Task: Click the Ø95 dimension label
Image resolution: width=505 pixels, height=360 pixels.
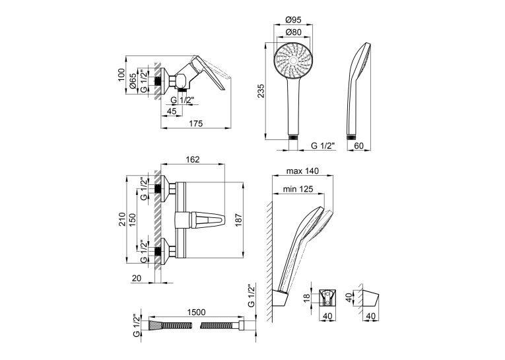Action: (x=293, y=20)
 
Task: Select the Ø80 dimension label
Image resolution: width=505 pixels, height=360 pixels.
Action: (x=293, y=32)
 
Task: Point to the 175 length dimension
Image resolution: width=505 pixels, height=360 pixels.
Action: (x=196, y=124)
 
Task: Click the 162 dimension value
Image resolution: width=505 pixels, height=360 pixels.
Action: (x=193, y=159)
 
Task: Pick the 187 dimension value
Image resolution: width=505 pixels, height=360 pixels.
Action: (x=238, y=220)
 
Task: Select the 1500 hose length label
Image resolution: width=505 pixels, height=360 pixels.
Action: (x=196, y=312)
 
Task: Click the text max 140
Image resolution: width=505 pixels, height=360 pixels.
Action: (x=302, y=171)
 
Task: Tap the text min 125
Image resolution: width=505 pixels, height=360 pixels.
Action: (x=298, y=189)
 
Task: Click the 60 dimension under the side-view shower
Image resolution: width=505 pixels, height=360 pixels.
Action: (x=358, y=146)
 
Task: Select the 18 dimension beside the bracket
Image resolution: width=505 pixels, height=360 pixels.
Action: (x=307, y=297)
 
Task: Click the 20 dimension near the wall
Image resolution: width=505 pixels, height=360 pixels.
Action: (x=137, y=278)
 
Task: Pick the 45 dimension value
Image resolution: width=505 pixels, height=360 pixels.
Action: (x=172, y=111)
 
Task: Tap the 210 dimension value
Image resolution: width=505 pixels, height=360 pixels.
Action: (x=122, y=219)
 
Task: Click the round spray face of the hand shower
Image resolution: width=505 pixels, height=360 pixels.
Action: (x=293, y=61)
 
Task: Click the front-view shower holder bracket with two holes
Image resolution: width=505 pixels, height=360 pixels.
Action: (x=327, y=297)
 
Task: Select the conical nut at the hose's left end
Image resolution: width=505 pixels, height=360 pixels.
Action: (x=154, y=325)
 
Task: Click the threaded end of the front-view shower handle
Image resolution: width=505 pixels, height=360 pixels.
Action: (x=293, y=137)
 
